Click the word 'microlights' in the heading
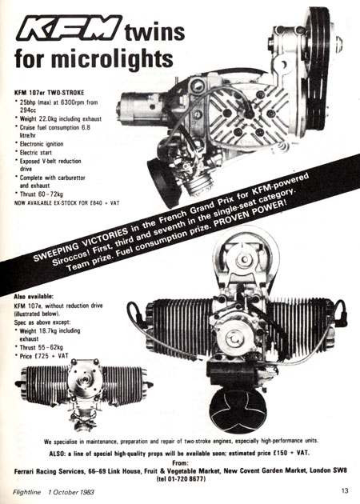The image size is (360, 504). [x=112, y=58]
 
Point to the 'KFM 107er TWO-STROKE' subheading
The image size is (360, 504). [x=49, y=93]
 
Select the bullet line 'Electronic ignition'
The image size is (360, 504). [x=42, y=144]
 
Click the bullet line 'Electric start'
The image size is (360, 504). [x=36, y=153]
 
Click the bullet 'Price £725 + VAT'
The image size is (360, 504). [x=44, y=356]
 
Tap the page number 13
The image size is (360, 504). [x=345, y=491]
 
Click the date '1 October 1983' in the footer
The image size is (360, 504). [x=71, y=492]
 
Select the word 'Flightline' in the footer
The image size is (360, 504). [x=27, y=492]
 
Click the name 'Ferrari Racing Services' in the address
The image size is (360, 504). [x=49, y=471]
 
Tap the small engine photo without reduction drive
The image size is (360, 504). [x=84, y=394]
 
